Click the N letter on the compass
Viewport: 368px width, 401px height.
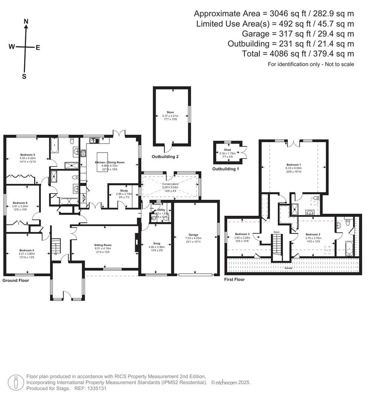[x=26, y=22]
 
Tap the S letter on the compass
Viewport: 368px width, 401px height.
[x=24, y=76]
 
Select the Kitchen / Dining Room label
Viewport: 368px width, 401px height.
[x=109, y=162]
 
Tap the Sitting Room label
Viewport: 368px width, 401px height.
[x=103, y=245]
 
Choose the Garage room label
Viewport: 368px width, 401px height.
[x=193, y=235]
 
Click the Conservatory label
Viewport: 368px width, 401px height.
[x=170, y=184]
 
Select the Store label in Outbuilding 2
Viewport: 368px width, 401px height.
[x=170, y=112]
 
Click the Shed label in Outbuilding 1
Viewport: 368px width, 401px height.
[x=227, y=150]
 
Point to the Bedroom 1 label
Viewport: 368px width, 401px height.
[x=293, y=164]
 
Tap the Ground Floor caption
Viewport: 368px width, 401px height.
[x=16, y=280]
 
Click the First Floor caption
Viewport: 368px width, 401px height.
[x=234, y=279]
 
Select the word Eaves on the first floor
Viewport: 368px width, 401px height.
[x=288, y=267]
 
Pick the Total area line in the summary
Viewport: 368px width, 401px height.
[x=298, y=53]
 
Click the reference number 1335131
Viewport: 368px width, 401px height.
[x=96, y=388]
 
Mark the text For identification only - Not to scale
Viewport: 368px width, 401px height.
[x=311, y=64]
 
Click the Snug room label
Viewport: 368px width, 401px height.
[x=157, y=244]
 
